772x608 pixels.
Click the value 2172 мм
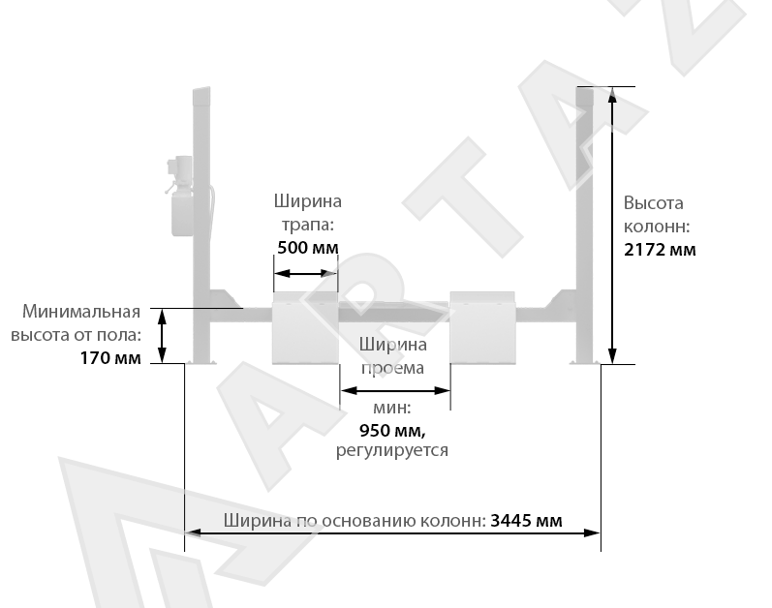(661, 250)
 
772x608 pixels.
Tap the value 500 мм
(307, 247)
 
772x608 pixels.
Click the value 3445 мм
(526, 520)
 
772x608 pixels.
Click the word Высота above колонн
(654, 203)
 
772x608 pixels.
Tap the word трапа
(307, 224)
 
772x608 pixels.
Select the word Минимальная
(82, 312)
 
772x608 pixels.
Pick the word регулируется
(391, 450)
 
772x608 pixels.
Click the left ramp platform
(305, 329)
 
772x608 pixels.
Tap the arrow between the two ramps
(394, 390)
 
